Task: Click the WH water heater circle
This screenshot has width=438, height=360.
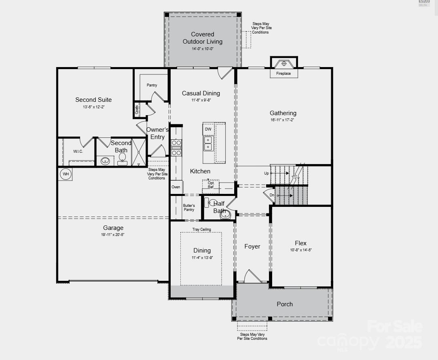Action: (66, 174)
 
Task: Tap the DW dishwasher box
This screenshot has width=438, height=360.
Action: (208, 129)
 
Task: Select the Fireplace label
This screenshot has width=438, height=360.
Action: (283, 74)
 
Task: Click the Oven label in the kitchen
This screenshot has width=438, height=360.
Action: (176, 187)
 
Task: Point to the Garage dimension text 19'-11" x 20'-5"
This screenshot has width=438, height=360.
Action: (113, 235)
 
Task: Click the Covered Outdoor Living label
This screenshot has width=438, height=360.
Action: (203, 38)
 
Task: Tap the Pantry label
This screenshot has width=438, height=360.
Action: (152, 85)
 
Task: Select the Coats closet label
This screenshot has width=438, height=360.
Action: (137, 109)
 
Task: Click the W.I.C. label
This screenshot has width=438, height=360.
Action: (78, 152)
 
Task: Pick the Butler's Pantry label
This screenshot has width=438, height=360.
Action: (189, 208)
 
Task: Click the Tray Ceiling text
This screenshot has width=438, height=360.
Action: (201, 229)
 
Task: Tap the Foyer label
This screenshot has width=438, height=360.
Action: (252, 246)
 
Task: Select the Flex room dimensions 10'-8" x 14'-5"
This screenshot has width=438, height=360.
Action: (301, 250)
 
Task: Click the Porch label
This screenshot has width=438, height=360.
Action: (285, 304)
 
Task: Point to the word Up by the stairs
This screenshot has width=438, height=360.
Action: (267, 173)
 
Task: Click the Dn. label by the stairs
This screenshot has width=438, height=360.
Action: (272, 196)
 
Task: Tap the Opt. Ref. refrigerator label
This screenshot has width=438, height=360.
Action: (211, 185)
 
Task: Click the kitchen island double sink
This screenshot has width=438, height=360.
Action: (208, 143)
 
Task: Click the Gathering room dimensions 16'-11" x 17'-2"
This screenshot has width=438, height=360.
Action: (283, 120)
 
